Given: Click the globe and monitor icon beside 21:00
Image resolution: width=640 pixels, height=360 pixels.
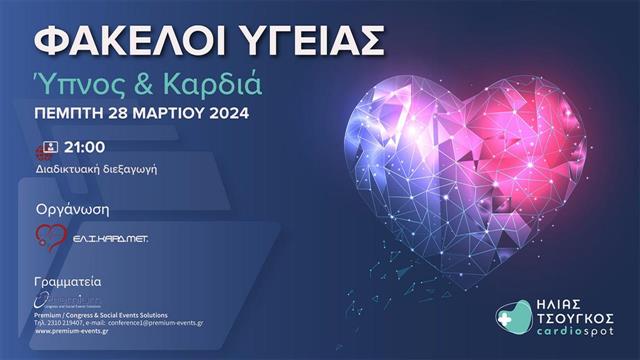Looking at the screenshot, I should click(x=43, y=151).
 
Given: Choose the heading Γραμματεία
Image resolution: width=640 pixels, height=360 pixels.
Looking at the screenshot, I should click(x=67, y=282).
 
